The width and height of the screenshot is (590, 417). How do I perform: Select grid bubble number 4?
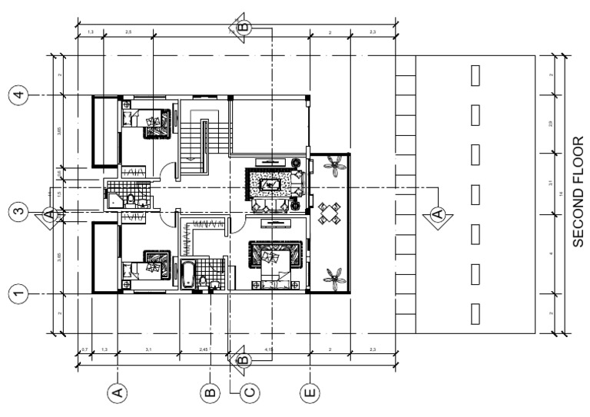pyautogui.click(x=18, y=95)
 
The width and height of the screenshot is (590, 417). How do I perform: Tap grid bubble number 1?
pyautogui.click(x=18, y=293)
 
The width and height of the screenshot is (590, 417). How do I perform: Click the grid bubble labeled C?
pyautogui.click(x=248, y=393)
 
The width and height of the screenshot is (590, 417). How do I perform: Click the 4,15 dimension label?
pyautogui.click(x=269, y=350)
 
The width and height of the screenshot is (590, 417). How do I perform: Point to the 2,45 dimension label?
pyautogui.click(x=204, y=350)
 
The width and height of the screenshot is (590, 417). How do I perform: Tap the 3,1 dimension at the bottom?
pyautogui.click(x=147, y=350)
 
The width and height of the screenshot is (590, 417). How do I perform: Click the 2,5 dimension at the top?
pyautogui.click(x=128, y=31)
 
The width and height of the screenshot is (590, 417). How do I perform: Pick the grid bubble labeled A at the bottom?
pyautogui.click(x=117, y=393)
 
